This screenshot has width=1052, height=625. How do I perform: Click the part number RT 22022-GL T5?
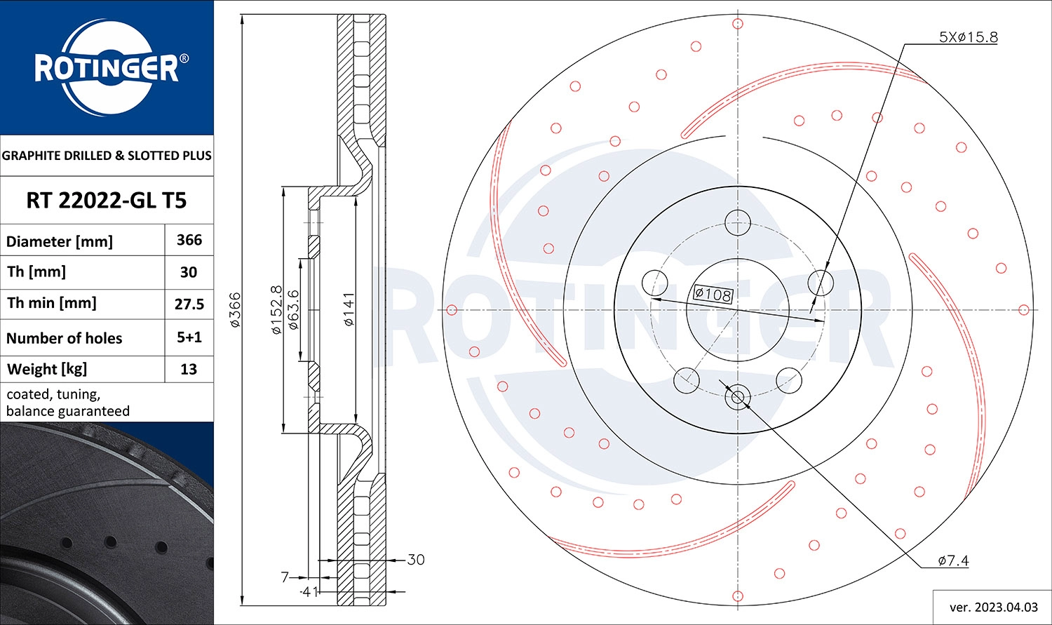click(x=107, y=201)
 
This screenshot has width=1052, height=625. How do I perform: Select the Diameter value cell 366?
click(x=189, y=240)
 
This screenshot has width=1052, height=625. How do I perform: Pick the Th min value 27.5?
click(x=189, y=304)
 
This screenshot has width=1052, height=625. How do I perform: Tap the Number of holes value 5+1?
click(x=189, y=337)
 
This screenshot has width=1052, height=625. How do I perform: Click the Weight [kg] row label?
click(x=46, y=369)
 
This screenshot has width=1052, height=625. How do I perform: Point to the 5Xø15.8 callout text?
click(x=968, y=37)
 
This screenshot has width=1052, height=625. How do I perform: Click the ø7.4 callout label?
click(x=953, y=560)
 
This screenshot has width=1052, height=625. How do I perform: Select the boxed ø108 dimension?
click(x=713, y=294)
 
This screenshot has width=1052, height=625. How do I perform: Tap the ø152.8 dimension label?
click(x=276, y=309)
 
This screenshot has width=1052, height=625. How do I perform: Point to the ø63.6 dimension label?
click(x=294, y=309)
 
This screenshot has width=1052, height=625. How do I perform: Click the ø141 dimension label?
click(x=349, y=309)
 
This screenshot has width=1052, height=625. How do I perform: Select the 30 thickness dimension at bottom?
click(x=416, y=560)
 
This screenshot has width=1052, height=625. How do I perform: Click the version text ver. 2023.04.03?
click(x=992, y=607)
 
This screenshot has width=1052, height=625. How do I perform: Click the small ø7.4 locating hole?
click(x=738, y=398)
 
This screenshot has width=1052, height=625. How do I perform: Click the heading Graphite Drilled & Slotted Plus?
click(x=107, y=156)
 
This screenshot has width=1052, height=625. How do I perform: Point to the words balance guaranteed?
click(x=68, y=411)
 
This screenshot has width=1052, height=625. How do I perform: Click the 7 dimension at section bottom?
click(x=285, y=577)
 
